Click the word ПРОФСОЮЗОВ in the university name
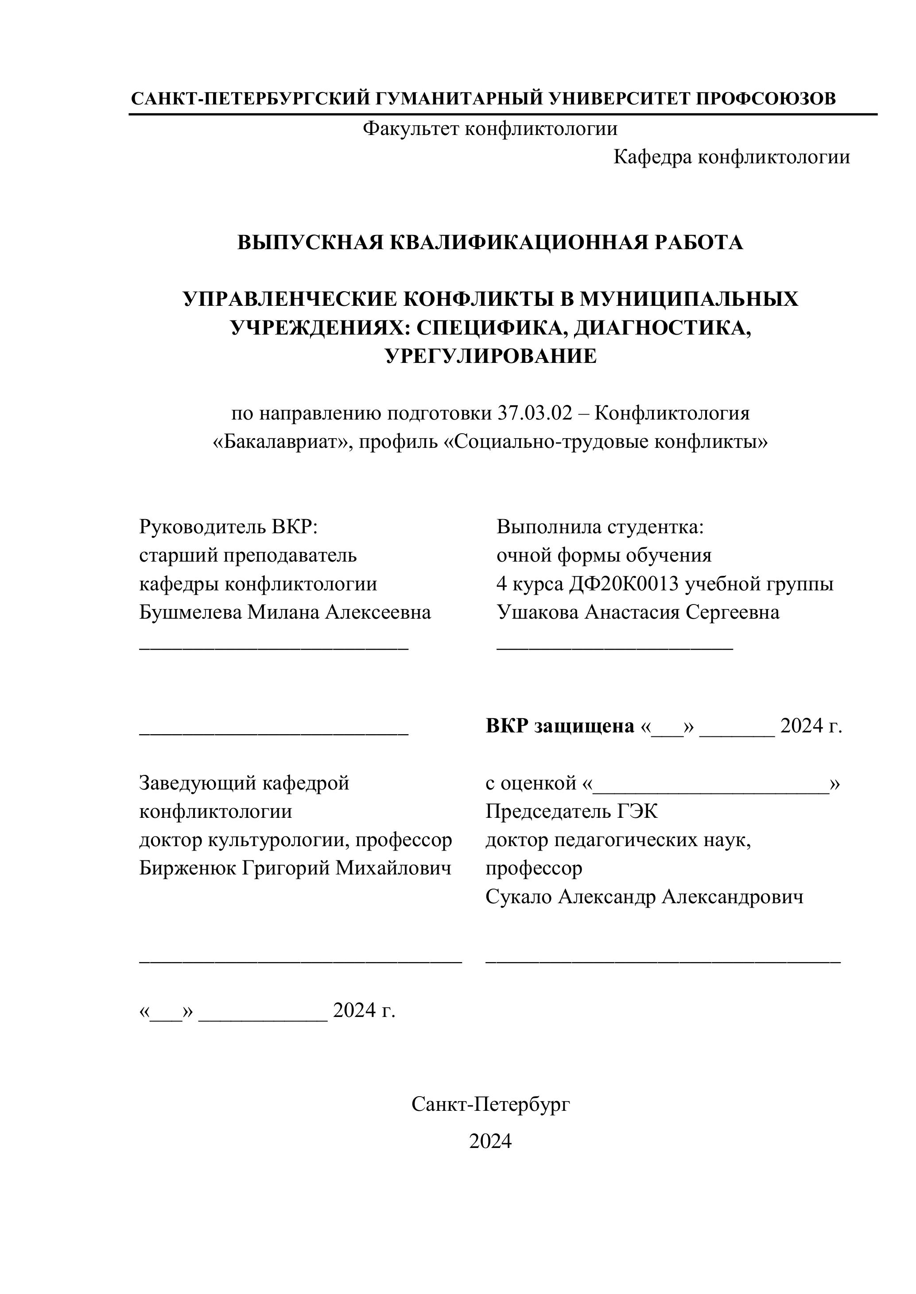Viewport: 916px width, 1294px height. click(x=766, y=99)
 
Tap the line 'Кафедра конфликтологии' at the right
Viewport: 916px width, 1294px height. click(x=731, y=157)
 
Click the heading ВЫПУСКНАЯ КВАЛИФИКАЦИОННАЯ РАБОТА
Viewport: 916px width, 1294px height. click(x=489, y=243)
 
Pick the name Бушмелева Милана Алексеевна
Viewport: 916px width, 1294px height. click(x=285, y=612)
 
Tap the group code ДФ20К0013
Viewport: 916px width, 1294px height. click(x=624, y=584)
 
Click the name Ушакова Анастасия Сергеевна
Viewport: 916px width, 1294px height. click(x=638, y=612)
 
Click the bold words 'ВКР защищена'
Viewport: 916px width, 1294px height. click(x=559, y=727)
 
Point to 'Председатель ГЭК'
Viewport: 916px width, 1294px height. click(x=571, y=812)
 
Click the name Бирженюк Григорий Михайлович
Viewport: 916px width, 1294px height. click(x=295, y=868)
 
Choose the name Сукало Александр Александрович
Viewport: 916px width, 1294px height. click(x=644, y=897)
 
